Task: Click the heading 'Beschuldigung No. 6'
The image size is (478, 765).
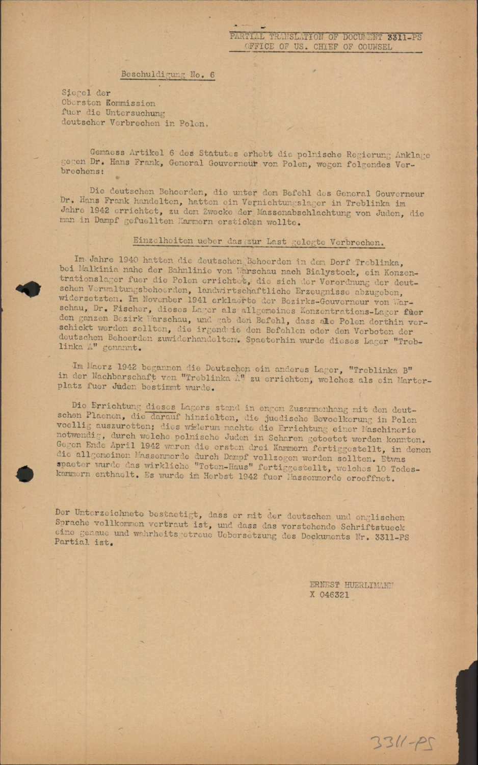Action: click(168, 74)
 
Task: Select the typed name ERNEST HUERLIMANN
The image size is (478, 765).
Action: click(351, 585)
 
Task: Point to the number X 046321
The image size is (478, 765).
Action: click(329, 595)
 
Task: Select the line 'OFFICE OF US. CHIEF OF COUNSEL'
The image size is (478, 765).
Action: click(318, 47)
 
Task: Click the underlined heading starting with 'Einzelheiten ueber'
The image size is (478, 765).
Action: click(258, 241)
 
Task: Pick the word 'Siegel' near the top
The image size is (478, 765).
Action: click(76, 93)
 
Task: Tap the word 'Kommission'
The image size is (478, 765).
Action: click(130, 103)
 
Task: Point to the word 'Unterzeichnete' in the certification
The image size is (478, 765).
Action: click(109, 513)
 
